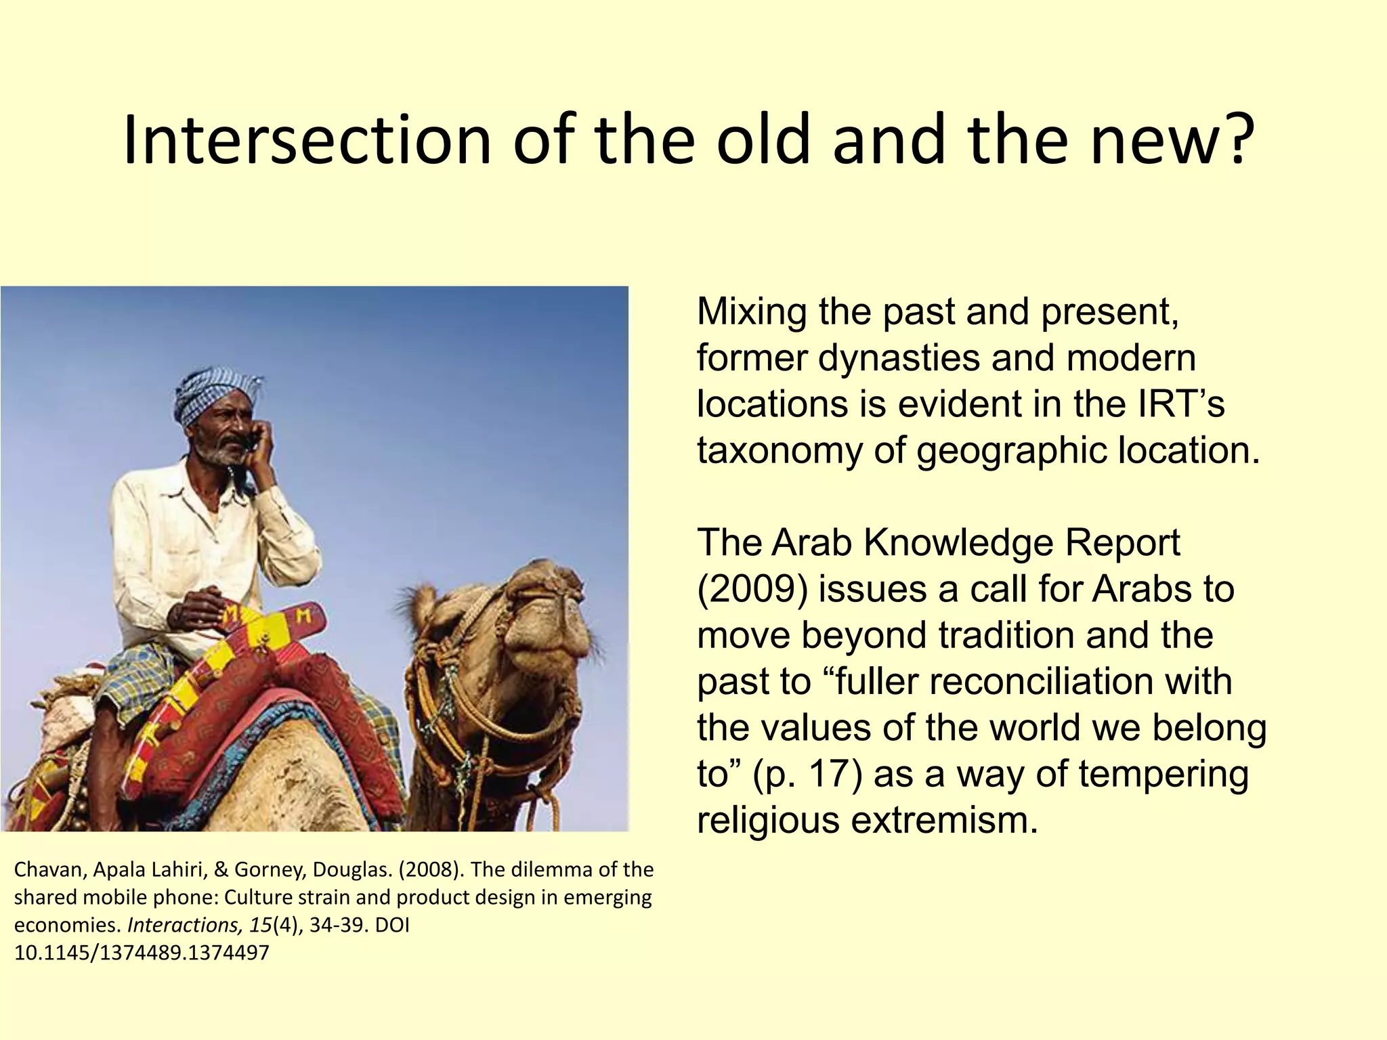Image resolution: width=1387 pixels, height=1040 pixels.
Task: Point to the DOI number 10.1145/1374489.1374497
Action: [x=142, y=953]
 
